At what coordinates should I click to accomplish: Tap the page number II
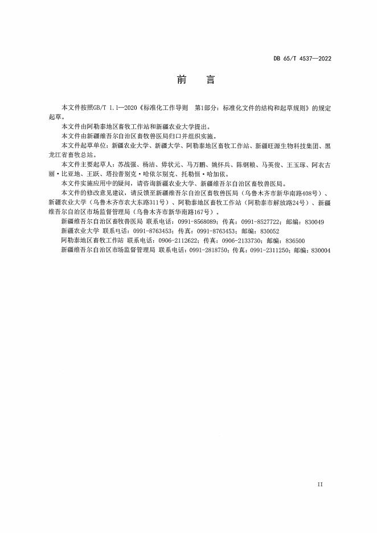tap(319, 483)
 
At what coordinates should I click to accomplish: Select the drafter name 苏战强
tap(125, 163)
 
